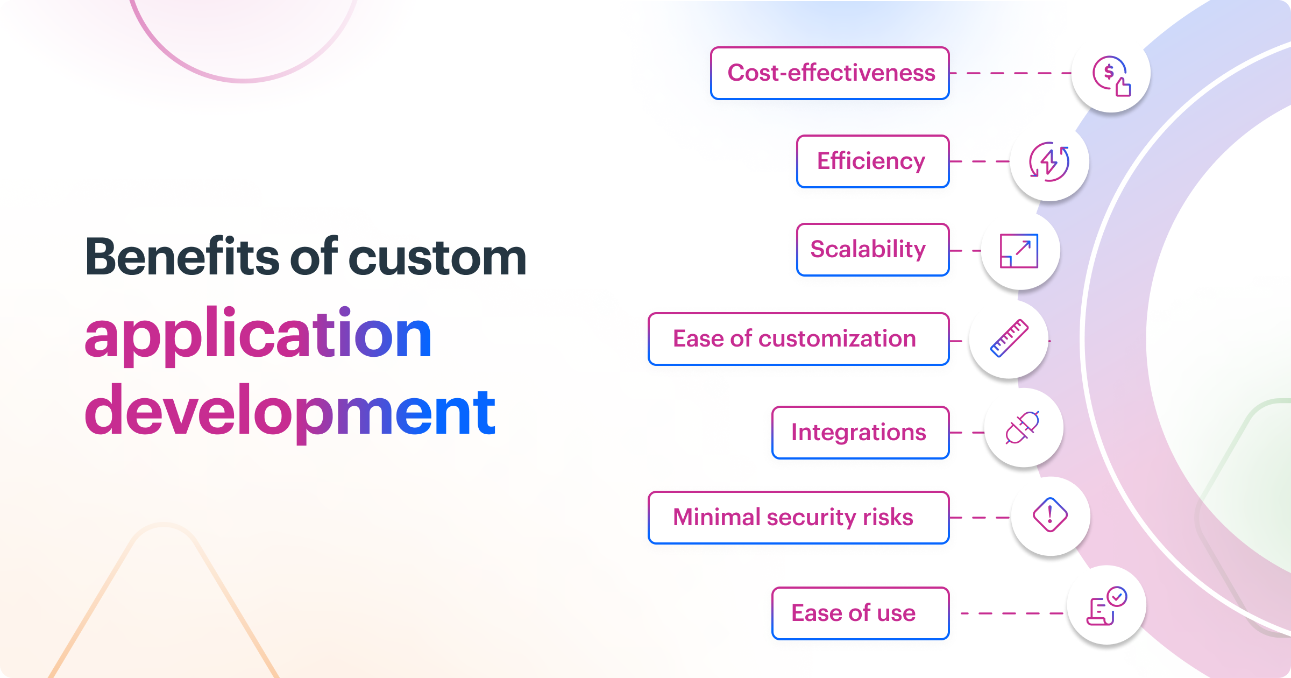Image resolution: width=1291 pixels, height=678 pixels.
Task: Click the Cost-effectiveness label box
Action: (829, 73)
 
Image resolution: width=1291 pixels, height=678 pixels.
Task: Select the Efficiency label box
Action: (873, 161)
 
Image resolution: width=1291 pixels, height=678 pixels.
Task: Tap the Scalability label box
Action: (873, 250)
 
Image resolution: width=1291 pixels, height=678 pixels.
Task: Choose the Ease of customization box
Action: (798, 339)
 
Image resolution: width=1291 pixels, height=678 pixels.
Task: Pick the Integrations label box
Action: (860, 433)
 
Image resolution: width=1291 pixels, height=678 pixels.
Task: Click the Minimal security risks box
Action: (798, 518)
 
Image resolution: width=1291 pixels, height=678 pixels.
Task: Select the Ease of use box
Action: (860, 613)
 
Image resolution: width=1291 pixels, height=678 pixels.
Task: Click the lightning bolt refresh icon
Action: (1049, 161)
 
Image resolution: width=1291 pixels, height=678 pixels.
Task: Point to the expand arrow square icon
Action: (1019, 251)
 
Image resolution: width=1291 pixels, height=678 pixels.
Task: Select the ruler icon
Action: (1009, 339)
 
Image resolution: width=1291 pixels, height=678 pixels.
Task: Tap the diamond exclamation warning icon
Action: (1050, 515)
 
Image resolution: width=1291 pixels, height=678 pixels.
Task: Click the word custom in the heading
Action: (437, 258)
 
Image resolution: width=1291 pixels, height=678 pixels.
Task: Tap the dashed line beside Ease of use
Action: (1011, 613)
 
